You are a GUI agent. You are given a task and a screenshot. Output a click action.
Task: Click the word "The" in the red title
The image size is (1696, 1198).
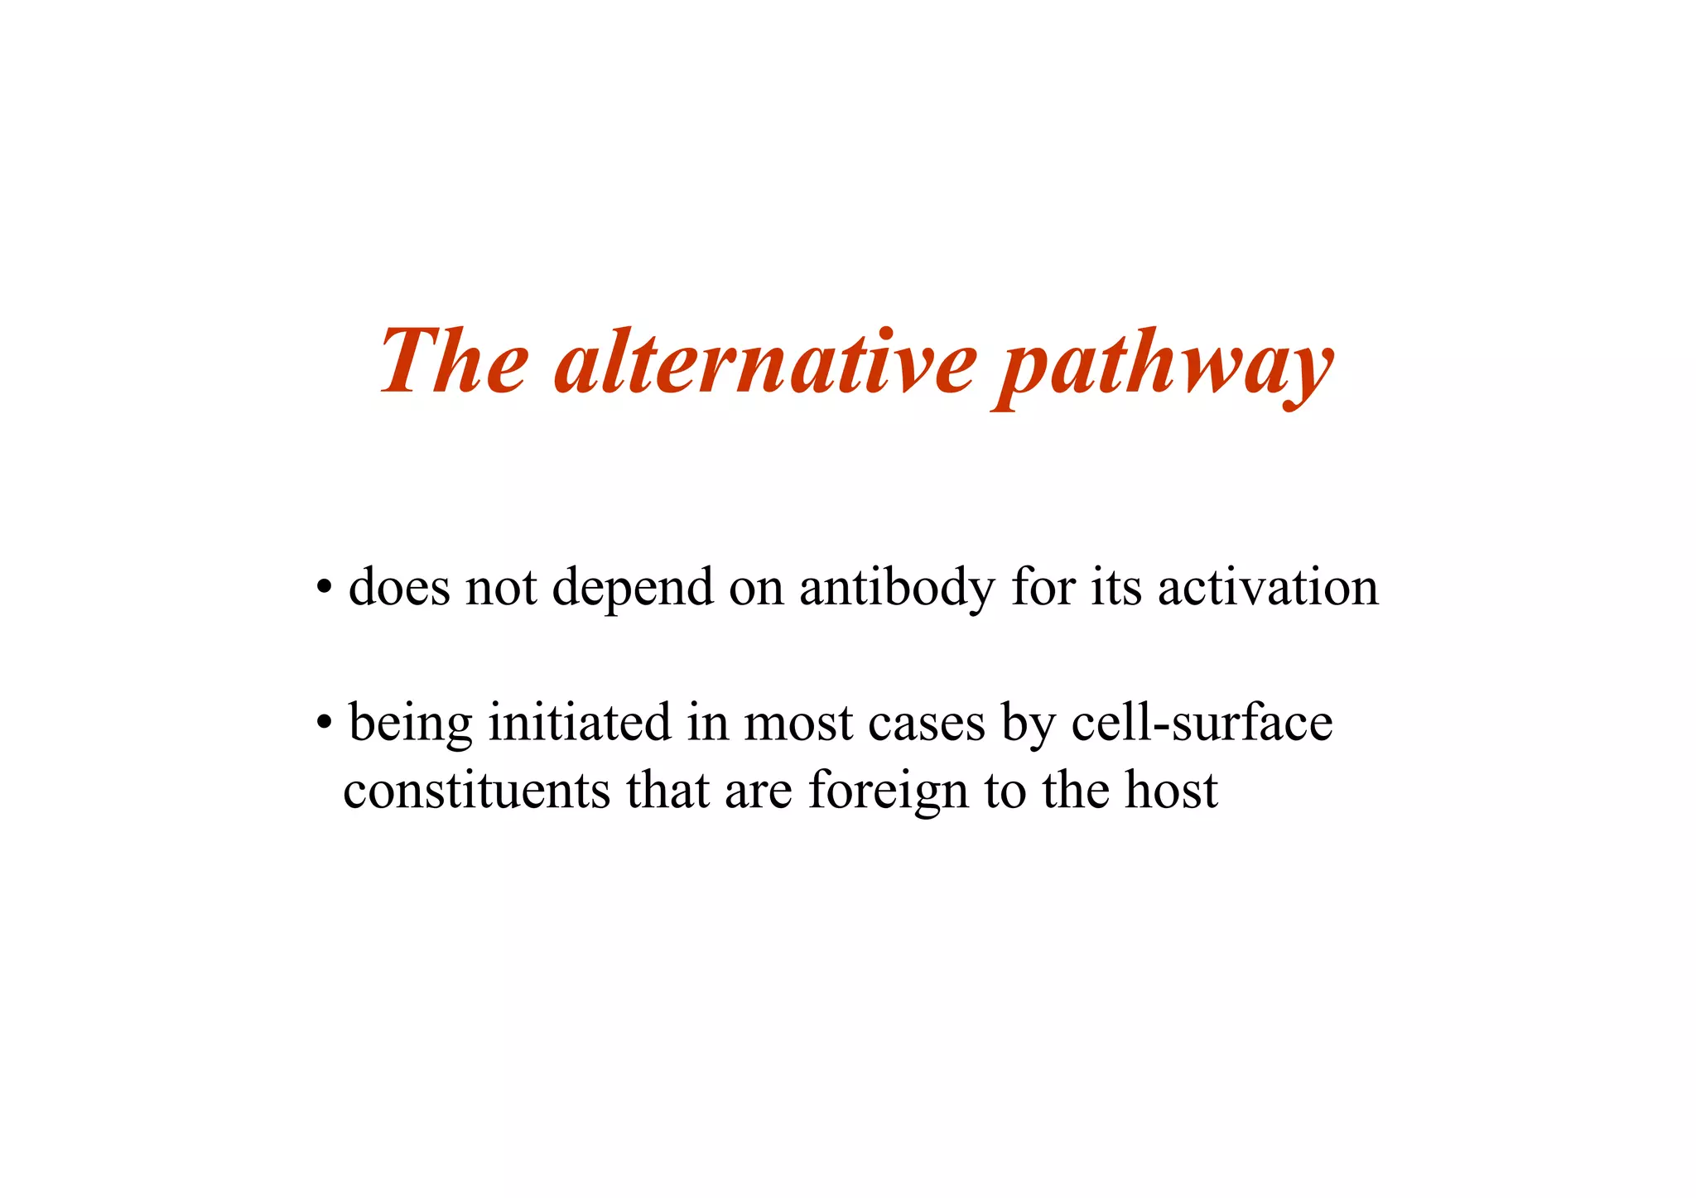click(x=454, y=361)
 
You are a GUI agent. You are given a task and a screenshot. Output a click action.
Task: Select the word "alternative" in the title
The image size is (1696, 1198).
click(x=766, y=361)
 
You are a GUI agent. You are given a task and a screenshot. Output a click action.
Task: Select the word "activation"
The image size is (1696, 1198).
click(x=1268, y=588)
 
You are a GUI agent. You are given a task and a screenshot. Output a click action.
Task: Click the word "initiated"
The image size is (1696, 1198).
click(x=580, y=722)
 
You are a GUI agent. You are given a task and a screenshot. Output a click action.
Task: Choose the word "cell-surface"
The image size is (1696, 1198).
click(x=1202, y=722)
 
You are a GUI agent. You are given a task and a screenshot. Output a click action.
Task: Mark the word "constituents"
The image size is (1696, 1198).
click(x=476, y=790)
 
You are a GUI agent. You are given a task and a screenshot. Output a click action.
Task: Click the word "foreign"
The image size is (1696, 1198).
click(x=889, y=791)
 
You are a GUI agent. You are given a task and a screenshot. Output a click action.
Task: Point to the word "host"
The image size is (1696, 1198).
click(x=1171, y=790)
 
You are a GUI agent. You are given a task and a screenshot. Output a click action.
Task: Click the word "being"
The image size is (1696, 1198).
click(x=411, y=724)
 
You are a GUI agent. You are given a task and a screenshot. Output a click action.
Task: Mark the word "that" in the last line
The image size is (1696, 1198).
click(x=667, y=790)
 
